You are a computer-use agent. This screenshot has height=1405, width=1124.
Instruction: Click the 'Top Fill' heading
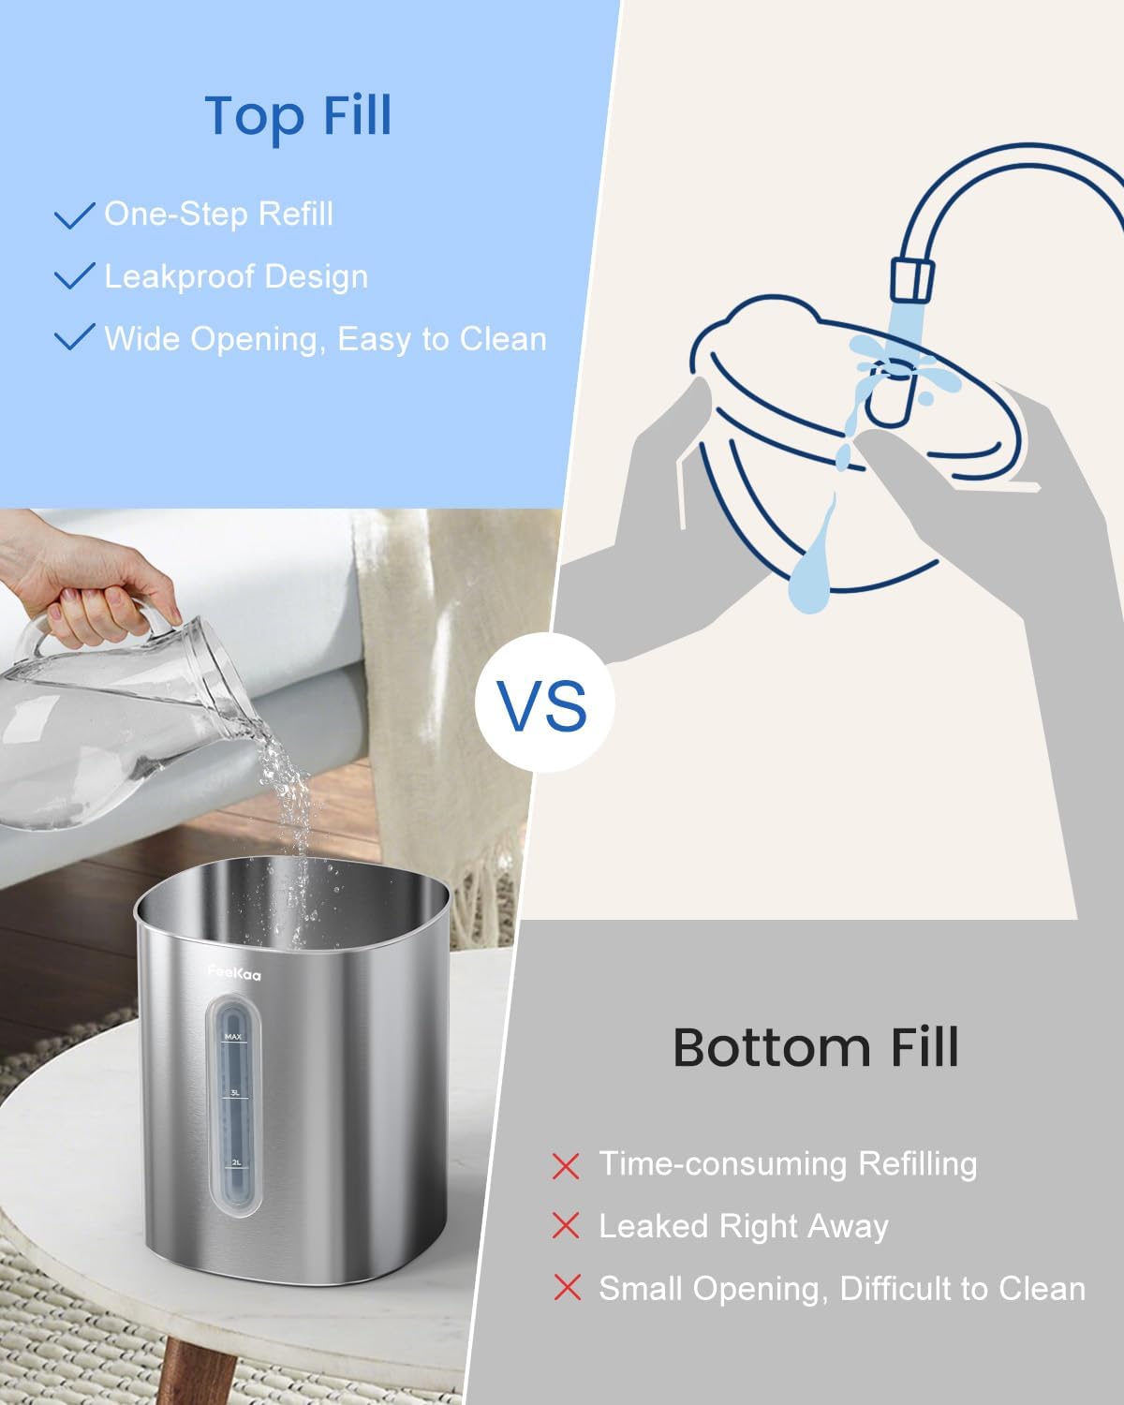point(298,116)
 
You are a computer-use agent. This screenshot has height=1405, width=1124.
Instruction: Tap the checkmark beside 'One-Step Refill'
point(75,214)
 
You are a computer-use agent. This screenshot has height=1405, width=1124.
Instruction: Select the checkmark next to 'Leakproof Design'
point(75,276)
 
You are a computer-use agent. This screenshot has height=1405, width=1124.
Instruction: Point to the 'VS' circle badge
point(543,702)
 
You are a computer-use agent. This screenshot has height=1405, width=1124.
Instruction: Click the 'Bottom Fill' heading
point(816,1047)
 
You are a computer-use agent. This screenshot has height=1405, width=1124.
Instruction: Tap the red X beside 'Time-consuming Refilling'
point(567,1165)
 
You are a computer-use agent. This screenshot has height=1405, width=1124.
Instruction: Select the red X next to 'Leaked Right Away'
point(567,1226)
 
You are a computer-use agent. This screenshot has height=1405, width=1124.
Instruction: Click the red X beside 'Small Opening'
point(567,1288)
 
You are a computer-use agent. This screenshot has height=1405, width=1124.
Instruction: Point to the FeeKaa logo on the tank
point(234,974)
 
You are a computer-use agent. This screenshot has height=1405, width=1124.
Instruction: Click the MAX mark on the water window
point(233,1037)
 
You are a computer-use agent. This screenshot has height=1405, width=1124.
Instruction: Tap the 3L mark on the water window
point(235,1093)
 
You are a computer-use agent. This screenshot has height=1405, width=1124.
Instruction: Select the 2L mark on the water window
point(236,1161)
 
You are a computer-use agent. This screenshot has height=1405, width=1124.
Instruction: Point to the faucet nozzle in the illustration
point(911,281)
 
